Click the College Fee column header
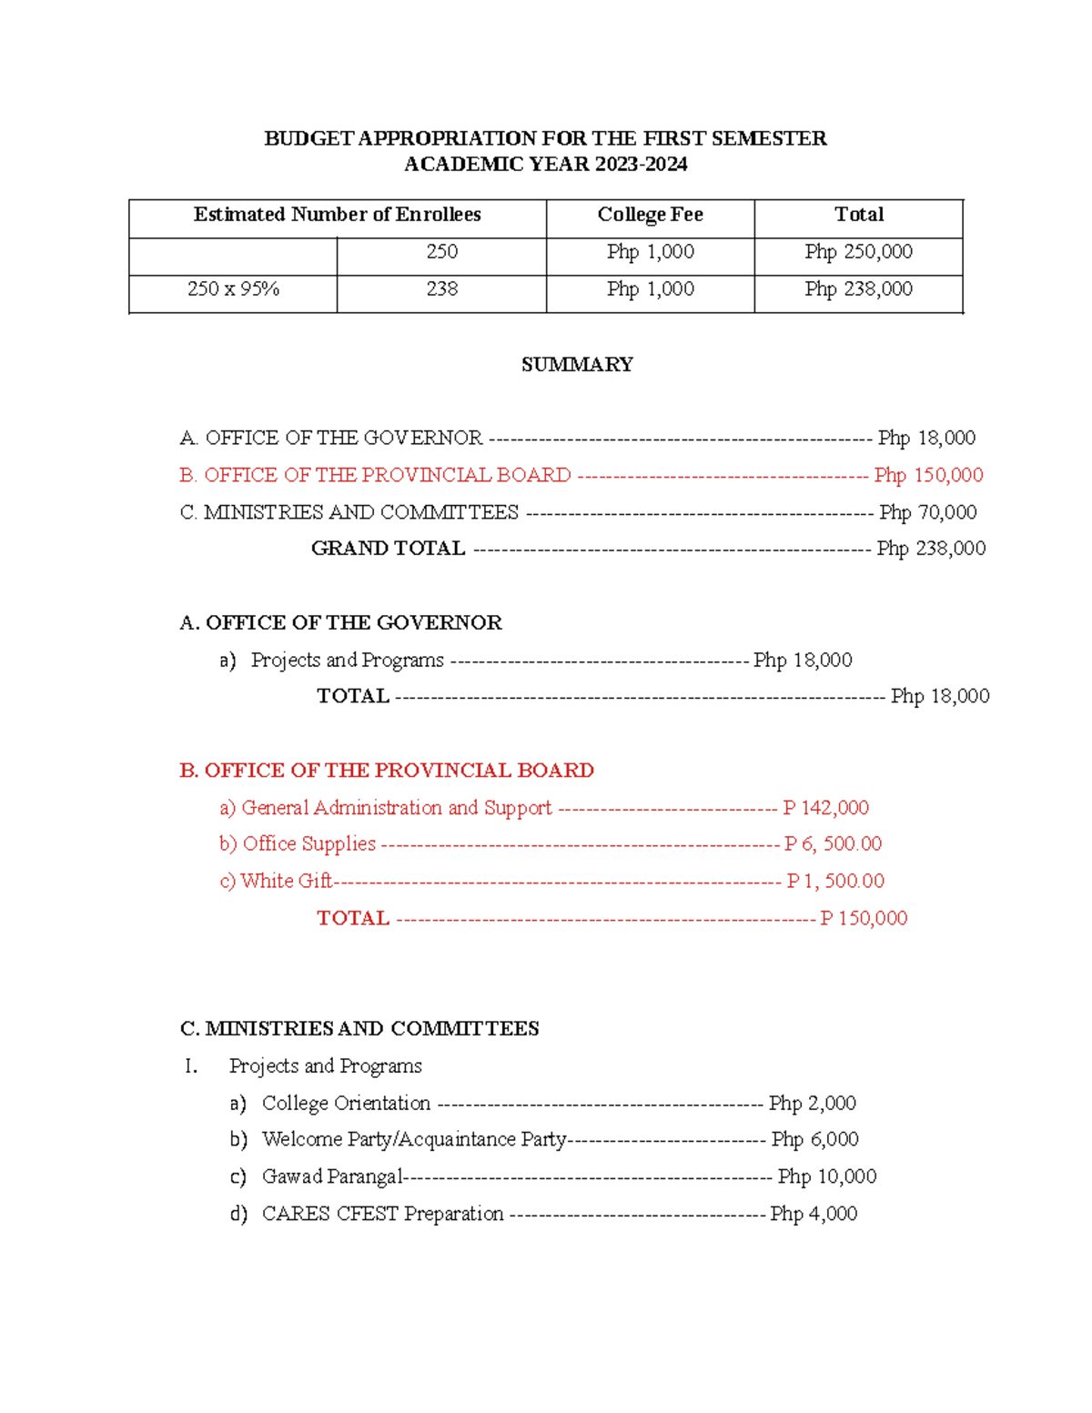point(650,215)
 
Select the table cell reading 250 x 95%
point(233,289)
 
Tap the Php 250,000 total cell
point(858,252)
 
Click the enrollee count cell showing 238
point(441,289)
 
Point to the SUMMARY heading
point(577,365)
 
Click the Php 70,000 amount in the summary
point(927,512)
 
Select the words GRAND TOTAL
point(389,549)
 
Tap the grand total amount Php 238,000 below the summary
point(931,549)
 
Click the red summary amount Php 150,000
point(928,475)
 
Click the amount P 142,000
point(825,808)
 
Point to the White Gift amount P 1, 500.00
point(835,881)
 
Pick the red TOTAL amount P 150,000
point(864,918)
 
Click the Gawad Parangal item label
point(331,1176)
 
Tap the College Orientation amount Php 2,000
point(812,1104)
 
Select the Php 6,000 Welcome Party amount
point(814,1139)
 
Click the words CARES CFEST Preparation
point(382,1214)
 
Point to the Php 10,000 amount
point(826,1176)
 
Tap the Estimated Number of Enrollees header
point(337,215)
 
